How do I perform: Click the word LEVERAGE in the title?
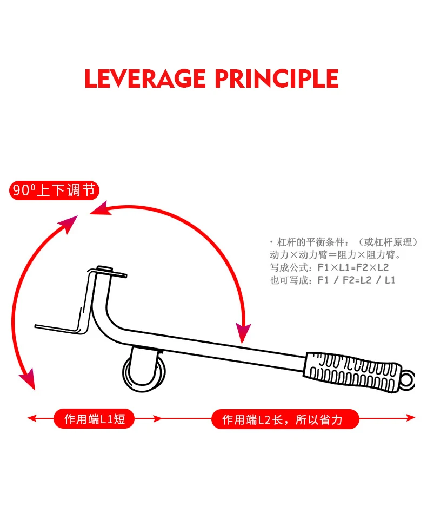click(145, 79)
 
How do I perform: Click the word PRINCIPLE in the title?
click(276, 79)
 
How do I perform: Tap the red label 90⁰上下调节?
click(54, 190)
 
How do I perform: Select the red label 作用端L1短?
click(94, 419)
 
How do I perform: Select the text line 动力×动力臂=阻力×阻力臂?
click(335, 254)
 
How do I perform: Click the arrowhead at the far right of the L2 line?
click(411, 418)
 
